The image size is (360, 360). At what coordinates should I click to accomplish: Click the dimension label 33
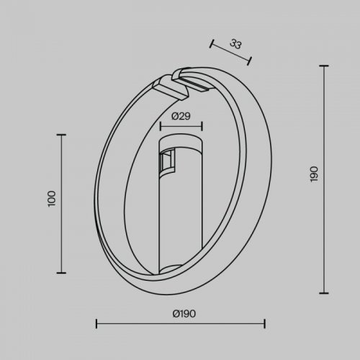pyautogui.click(x=235, y=43)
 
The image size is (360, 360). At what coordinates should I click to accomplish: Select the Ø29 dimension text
pyautogui.click(x=181, y=116)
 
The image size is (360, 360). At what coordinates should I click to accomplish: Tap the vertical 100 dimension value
pyautogui.click(x=51, y=198)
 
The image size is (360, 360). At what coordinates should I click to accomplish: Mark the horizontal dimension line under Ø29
pyautogui.click(x=180, y=126)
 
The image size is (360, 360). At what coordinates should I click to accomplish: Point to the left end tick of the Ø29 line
pyautogui.click(x=160, y=126)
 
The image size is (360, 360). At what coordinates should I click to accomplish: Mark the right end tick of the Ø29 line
pyautogui.click(x=201, y=126)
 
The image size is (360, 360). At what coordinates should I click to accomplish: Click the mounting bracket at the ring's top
pyautogui.click(x=180, y=84)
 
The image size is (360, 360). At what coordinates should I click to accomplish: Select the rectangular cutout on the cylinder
pyautogui.click(x=168, y=162)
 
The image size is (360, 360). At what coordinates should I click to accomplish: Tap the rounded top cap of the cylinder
pyautogui.click(x=180, y=138)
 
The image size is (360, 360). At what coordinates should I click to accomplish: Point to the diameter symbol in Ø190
pyautogui.click(x=176, y=312)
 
